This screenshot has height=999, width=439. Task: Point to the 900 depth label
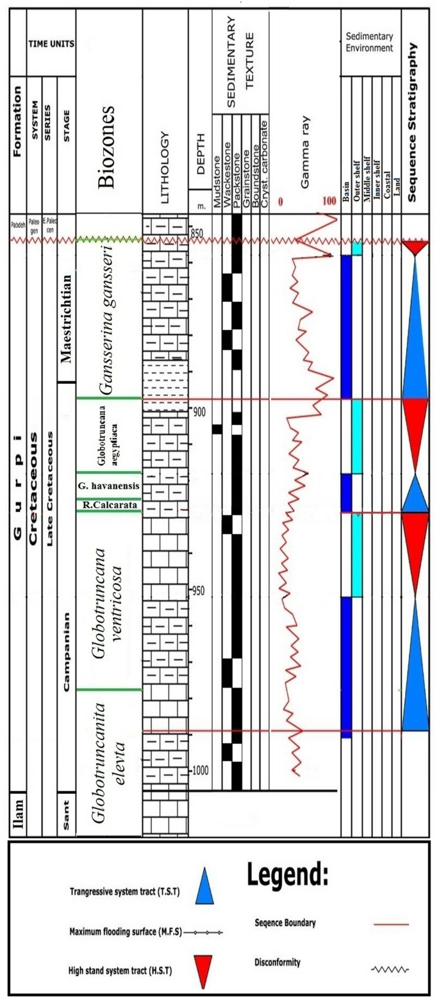(x=200, y=411)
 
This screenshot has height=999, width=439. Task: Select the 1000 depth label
(x=202, y=770)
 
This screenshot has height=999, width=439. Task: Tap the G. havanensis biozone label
(x=108, y=485)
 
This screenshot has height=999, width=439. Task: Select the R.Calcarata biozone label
(x=108, y=506)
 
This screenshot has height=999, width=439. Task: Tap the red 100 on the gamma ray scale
(x=329, y=202)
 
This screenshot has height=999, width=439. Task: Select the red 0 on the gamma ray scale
(x=280, y=202)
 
